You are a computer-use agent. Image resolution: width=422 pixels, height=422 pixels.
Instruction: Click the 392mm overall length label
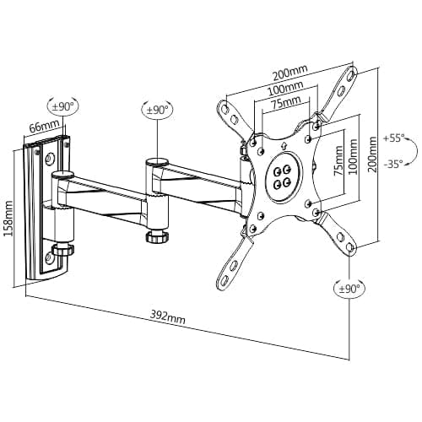coord(169,317)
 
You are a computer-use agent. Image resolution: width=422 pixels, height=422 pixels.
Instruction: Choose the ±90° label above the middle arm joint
coord(158,110)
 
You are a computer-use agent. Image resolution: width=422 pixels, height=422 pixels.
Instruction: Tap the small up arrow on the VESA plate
coord(282,151)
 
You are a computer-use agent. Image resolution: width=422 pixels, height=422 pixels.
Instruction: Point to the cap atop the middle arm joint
coord(157,160)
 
